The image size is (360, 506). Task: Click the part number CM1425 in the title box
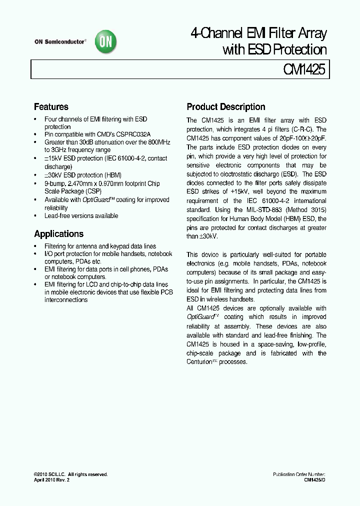(x=305, y=69)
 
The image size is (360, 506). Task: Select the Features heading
(x=51, y=106)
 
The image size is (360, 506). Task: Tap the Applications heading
(x=58, y=233)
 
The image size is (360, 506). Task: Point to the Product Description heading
(x=225, y=106)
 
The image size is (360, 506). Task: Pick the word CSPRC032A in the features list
(x=131, y=134)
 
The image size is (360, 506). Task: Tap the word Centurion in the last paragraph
(x=201, y=361)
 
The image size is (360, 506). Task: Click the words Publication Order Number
(x=299, y=474)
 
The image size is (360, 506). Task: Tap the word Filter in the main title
(x=281, y=34)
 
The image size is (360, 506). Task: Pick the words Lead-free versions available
(x=81, y=215)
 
